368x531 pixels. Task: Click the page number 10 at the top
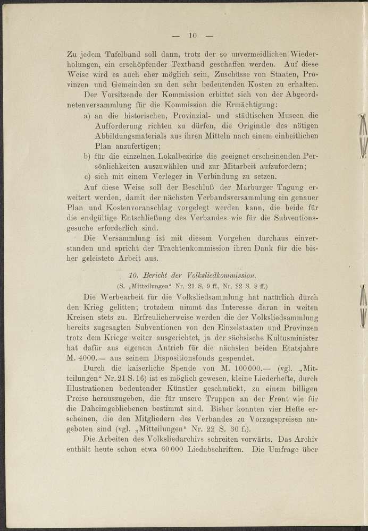pos(193,36)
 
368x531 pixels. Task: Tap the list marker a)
pos(87,115)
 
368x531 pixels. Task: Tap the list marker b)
pos(87,156)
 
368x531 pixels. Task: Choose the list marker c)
pos(87,177)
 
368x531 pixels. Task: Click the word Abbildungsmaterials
pos(132,135)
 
